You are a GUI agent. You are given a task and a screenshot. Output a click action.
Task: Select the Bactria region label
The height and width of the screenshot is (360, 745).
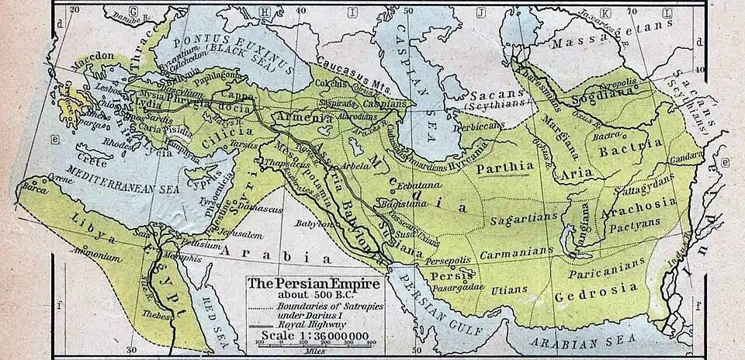636,144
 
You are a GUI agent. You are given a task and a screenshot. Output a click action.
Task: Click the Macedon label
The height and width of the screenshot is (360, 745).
95,57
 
